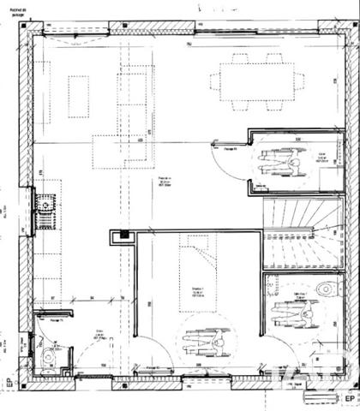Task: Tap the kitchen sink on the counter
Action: click(43, 205)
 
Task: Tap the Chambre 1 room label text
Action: click(196, 292)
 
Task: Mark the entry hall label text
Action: click(100, 333)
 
